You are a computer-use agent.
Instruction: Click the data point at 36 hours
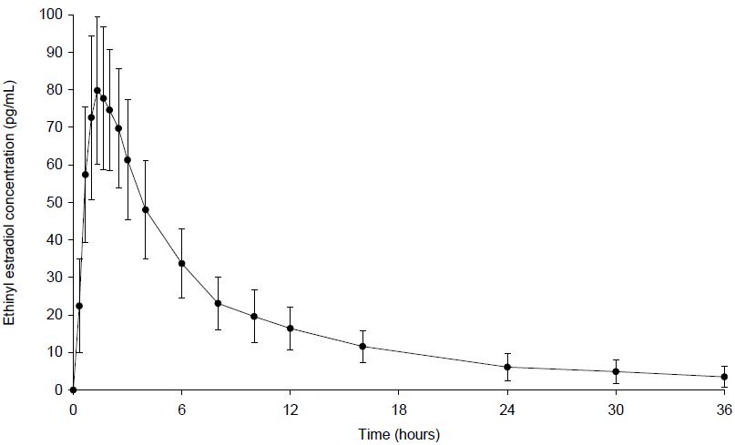tap(724, 377)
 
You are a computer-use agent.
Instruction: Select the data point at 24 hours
tap(507, 367)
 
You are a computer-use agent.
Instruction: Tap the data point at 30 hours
tap(616, 371)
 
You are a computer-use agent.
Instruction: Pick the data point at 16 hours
tap(362, 346)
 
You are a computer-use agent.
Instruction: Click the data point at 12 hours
tap(290, 328)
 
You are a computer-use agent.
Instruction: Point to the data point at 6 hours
tap(181, 264)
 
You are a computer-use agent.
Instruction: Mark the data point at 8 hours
tap(218, 303)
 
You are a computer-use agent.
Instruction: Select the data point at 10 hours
tap(254, 317)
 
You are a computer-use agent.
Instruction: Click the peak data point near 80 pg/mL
tap(97, 90)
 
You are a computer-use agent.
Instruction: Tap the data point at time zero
tap(73, 389)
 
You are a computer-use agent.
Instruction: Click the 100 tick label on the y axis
tap(50, 15)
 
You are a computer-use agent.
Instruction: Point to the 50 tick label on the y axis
tap(54, 202)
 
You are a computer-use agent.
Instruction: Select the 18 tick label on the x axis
tap(398, 407)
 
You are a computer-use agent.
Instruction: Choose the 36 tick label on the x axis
tap(724, 407)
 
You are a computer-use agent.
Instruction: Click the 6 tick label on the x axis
tap(181, 407)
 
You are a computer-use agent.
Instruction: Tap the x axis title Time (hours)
tap(398, 434)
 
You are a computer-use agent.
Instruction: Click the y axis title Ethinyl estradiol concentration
tap(11, 202)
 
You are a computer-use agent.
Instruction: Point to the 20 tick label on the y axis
tap(54, 315)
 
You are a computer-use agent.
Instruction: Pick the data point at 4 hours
tap(146, 209)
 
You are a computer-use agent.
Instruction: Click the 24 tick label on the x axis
tap(507, 407)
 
